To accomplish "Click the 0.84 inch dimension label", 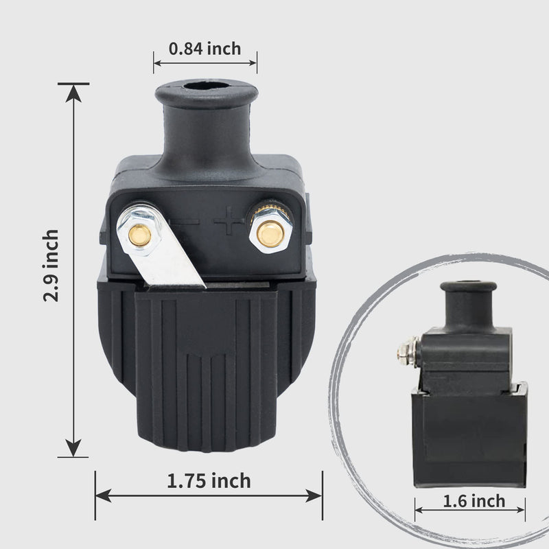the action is point(205,49).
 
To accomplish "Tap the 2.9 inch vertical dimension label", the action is point(51,266).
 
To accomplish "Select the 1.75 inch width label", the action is point(209,481).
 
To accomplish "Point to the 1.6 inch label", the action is point(474,501).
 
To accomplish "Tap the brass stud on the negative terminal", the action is point(140,235).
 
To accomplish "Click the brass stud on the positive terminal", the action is point(270,234).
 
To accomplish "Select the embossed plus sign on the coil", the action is point(229,220).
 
